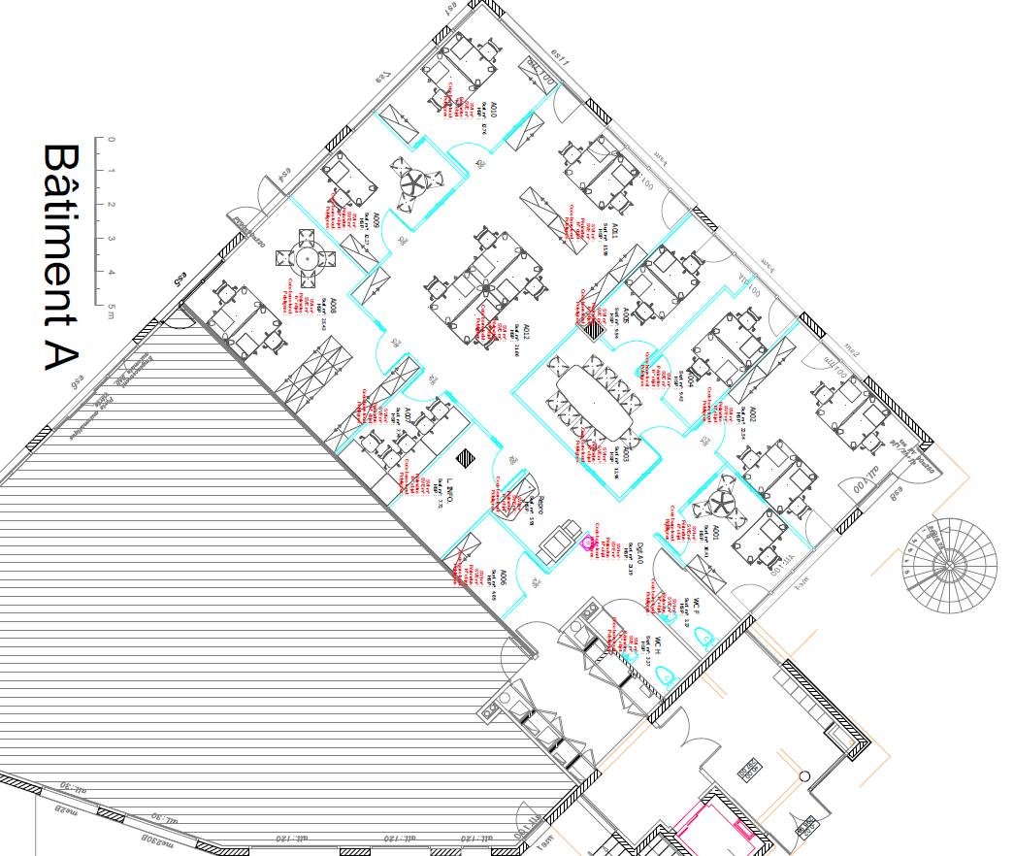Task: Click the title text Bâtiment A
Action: (61, 258)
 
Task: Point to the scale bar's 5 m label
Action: (112, 308)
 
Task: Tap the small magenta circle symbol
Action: (586, 543)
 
